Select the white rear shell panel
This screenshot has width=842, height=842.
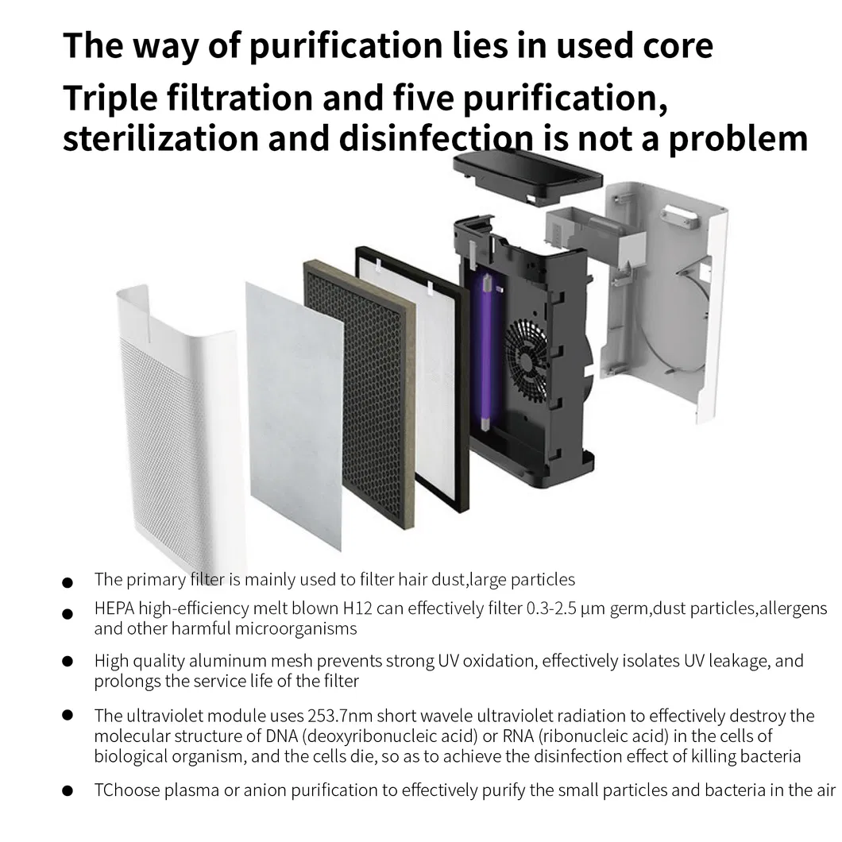click(x=667, y=302)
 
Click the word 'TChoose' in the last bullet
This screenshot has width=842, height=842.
click(x=126, y=790)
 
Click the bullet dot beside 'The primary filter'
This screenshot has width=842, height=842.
click(x=68, y=582)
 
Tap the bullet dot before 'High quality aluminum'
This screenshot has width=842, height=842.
click(x=68, y=661)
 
